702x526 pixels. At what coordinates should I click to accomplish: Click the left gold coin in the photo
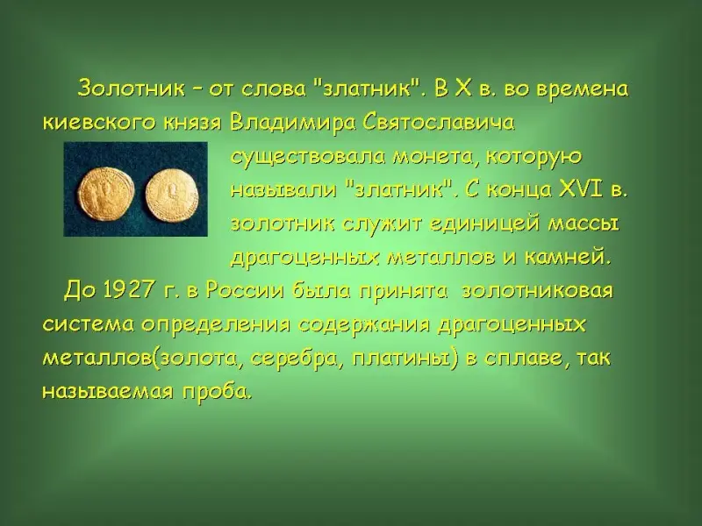[x=106, y=193]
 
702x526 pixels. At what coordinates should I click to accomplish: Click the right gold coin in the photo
[x=172, y=195]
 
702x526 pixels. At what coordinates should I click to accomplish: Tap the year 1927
[x=128, y=291]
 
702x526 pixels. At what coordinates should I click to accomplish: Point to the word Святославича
[x=440, y=123]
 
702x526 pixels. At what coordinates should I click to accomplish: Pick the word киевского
[x=99, y=123]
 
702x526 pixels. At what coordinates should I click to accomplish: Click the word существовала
[x=309, y=158]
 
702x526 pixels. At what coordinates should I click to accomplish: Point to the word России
[x=245, y=291]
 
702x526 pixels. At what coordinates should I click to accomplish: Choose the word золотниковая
[x=536, y=291]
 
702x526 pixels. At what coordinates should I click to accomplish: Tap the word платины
[x=405, y=359]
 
